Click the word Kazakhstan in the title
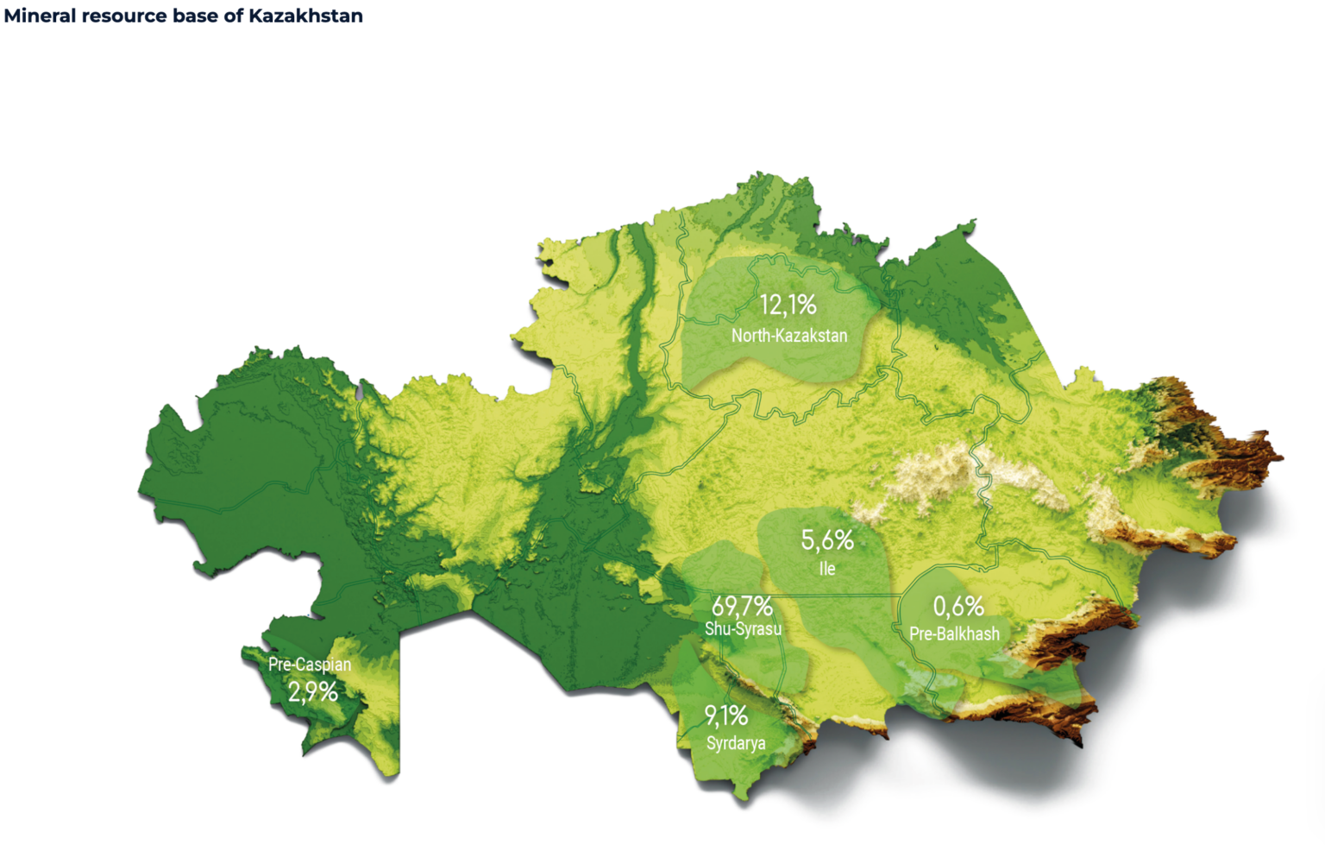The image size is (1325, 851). point(305,16)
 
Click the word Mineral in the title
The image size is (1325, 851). point(40,16)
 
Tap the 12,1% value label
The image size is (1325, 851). point(788,305)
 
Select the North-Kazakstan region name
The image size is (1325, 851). point(789,336)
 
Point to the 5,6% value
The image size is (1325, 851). point(827,540)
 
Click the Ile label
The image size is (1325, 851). point(827,569)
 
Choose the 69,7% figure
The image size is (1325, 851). point(742,606)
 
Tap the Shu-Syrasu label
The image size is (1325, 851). point(743,629)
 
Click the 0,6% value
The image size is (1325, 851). point(958,606)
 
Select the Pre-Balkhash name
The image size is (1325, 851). point(954,634)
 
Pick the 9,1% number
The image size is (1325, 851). point(725,715)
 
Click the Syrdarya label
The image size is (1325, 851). point(735,743)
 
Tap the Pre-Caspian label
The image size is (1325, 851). point(310,665)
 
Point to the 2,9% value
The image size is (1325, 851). point(312,692)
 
